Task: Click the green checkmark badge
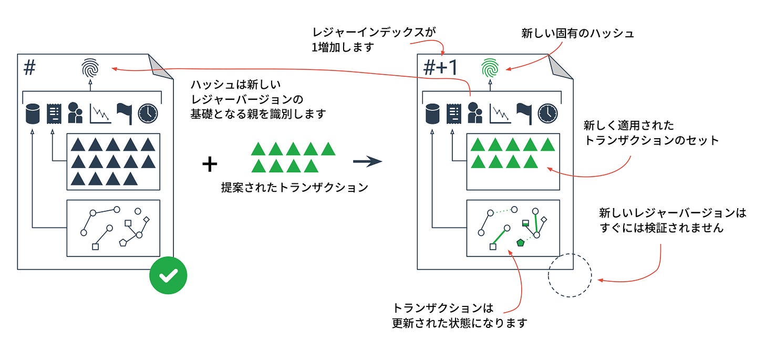pyautogui.click(x=168, y=275)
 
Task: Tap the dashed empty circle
pyautogui.click(x=570, y=276)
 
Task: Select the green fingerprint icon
pyautogui.click(x=490, y=68)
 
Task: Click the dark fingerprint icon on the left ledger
pyautogui.click(x=90, y=68)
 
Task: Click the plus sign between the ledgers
pyautogui.click(x=210, y=164)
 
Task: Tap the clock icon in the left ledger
pyautogui.click(x=148, y=114)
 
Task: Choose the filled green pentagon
pyautogui.click(x=521, y=242)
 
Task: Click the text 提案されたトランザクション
pyautogui.click(x=294, y=188)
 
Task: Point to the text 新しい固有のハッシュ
pyautogui.click(x=577, y=34)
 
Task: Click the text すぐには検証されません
pyautogui.click(x=661, y=228)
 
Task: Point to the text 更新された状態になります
pyautogui.click(x=459, y=323)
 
